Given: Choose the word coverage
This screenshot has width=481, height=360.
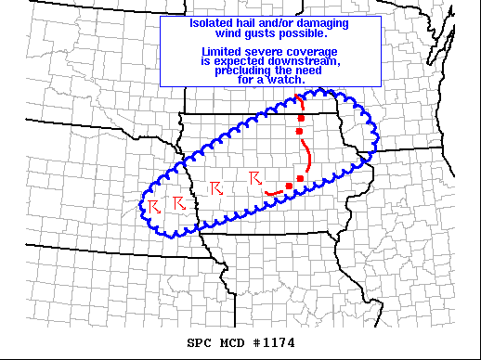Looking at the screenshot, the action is (312, 51).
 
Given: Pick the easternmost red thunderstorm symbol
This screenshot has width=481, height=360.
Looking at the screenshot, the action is (255, 177).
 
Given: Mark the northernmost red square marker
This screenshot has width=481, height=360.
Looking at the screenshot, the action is (300, 119).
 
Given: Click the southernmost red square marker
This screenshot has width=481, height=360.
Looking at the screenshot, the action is (289, 186).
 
